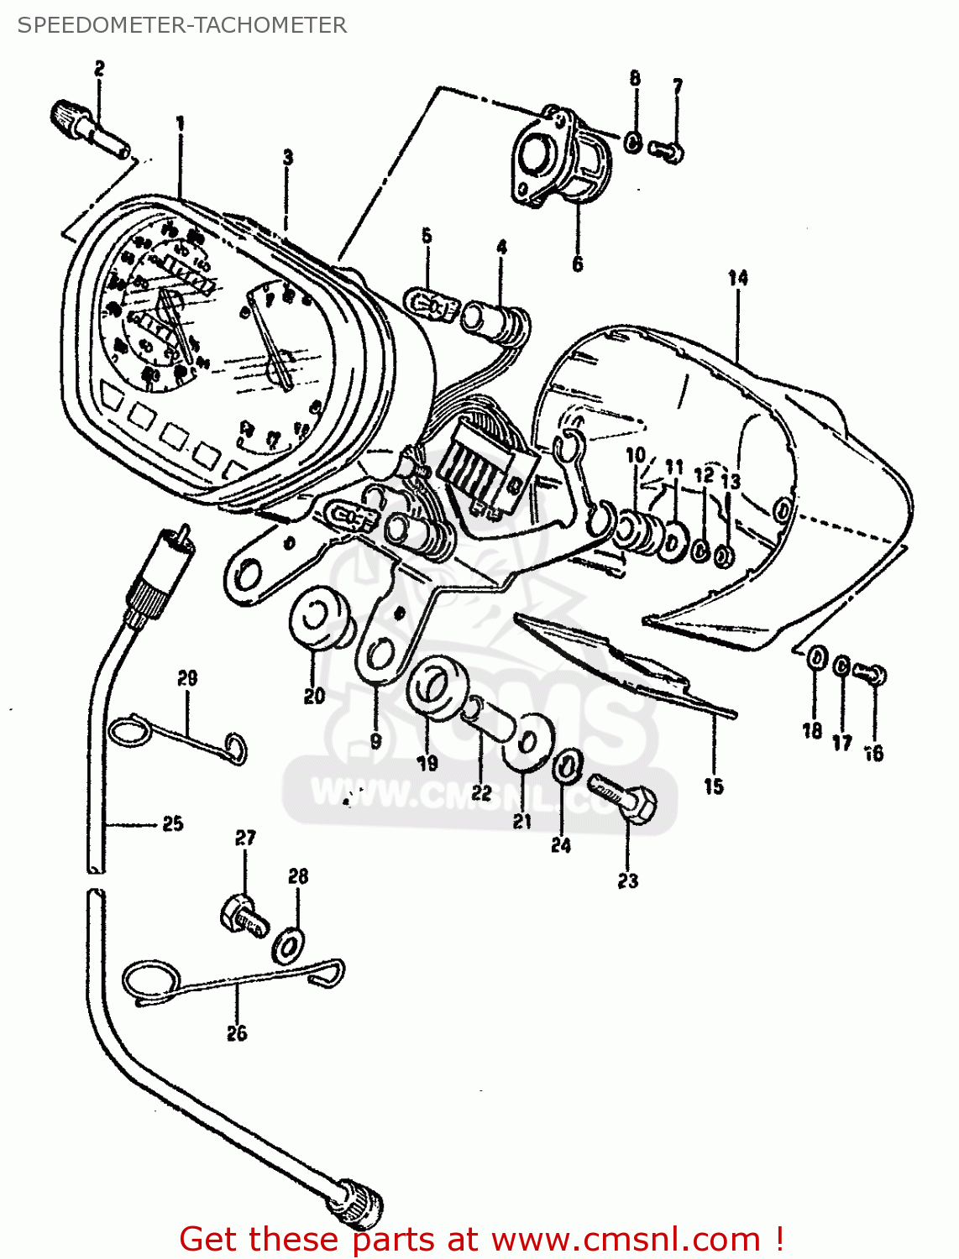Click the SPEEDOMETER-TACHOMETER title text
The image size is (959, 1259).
[181, 25]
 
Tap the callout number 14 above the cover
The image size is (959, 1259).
[737, 278]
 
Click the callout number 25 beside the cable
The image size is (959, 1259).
[173, 823]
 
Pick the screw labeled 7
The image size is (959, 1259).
[668, 152]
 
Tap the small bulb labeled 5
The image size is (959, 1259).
[430, 305]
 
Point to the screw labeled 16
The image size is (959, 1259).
[871, 673]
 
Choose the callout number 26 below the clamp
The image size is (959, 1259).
[237, 1033]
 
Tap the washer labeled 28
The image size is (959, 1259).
[289, 945]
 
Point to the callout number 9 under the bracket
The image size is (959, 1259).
[375, 741]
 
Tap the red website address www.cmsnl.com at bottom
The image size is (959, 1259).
[626, 1239]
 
